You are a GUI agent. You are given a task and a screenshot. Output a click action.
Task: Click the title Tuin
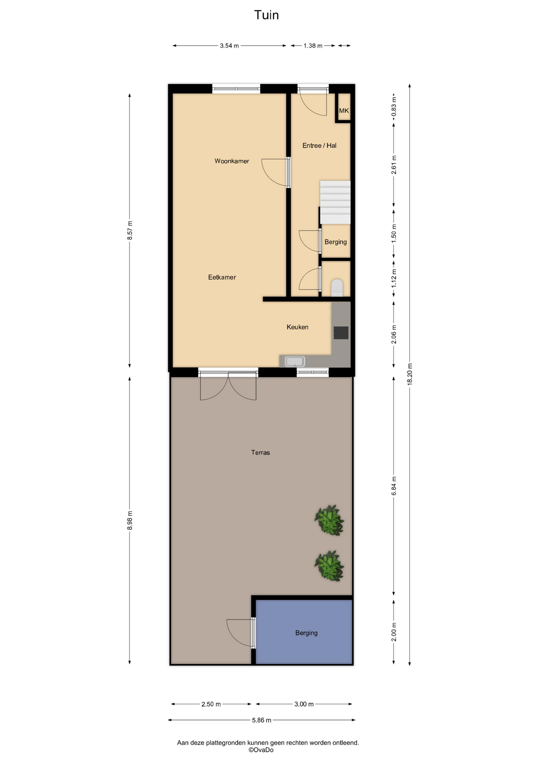pyautogui.click(x=266, y=15)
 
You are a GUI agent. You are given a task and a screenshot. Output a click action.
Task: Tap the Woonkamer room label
pyautogui.click(x=232, y=161)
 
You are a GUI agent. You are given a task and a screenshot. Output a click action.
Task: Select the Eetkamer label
pyautogui.click(x=222, y=277)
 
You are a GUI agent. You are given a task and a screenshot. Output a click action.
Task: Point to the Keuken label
pyautogui.click(x=297, y=327)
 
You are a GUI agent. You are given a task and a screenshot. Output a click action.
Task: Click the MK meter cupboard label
pyautogui.click(x=344, y=111)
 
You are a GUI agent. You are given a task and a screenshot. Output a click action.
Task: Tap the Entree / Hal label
pyautogui.click(x=319, y=146)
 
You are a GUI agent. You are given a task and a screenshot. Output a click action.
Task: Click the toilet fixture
pyautogui.click(x=337, y=288)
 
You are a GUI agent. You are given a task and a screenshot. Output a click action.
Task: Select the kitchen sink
pyautogui.click(x=295, y=362)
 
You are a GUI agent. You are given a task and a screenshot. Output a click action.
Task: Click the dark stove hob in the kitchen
pyautogui.click(x=341, y=333)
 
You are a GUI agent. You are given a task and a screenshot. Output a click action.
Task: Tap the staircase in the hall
pyautogui.click(x=335, y=202)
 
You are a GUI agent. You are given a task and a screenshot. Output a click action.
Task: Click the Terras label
pyautogui.click(x=260, y=452)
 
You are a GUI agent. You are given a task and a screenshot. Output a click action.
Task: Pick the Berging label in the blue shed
pyautogui.click(x=306, y=633)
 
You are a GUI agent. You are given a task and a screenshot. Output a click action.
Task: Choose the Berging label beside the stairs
pyautogui.click(x=335, y=242)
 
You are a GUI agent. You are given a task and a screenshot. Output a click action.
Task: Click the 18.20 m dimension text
pyautogui.click(x=410, y=374)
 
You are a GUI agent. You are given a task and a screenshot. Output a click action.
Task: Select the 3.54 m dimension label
pyautogui.click(x=229, y=46)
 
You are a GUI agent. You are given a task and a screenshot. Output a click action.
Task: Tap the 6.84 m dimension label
pyautogui.click(x=394, y=486)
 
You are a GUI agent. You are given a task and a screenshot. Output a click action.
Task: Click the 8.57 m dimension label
pyautogui.click(x=130, y=230)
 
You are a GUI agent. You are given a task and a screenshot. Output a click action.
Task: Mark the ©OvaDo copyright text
pyautogui.click(x=261, y=750)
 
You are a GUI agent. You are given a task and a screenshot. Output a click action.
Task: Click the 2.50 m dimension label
pyautogui.click(x=211, y=704)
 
